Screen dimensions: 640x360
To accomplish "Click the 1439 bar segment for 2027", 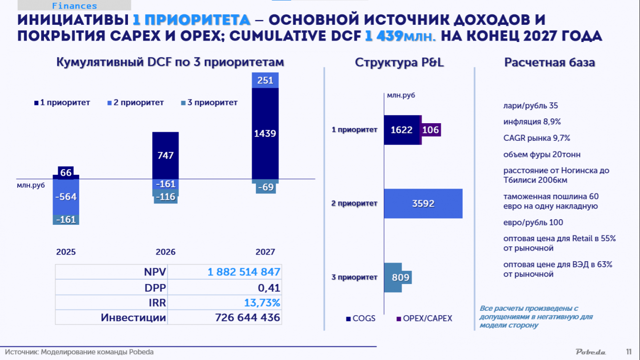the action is pos(265,133).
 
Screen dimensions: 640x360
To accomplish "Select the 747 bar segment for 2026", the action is pos(165,156).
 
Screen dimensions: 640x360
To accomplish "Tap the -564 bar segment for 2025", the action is pos(66,197).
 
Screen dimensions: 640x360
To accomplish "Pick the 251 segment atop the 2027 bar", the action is pos(265,80).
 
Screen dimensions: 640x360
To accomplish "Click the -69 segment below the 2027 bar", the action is pos(266,188).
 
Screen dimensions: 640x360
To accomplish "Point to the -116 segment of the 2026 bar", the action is pos(166,197).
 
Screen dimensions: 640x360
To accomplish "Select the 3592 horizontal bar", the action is pos(423,203).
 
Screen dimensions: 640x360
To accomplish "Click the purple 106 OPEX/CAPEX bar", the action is pos(431,130).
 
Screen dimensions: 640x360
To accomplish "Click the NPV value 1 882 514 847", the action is pos(244,272).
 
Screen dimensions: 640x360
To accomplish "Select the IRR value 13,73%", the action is pos(262,303).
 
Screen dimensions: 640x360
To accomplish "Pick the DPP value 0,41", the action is pos(269,288).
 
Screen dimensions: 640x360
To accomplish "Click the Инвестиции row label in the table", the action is pos(133,318).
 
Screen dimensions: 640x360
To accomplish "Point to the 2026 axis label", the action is pos(165,252).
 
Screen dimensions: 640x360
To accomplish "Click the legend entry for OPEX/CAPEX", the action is pos(424,318).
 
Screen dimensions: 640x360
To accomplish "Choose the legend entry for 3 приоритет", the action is pos(209,103).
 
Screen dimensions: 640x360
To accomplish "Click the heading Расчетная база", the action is pos(549,63).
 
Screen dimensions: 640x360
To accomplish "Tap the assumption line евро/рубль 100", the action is pos(533,222).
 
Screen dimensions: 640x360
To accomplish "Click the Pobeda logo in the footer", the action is pos(591,352).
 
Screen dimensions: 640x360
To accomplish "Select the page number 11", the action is pos(629,352).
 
